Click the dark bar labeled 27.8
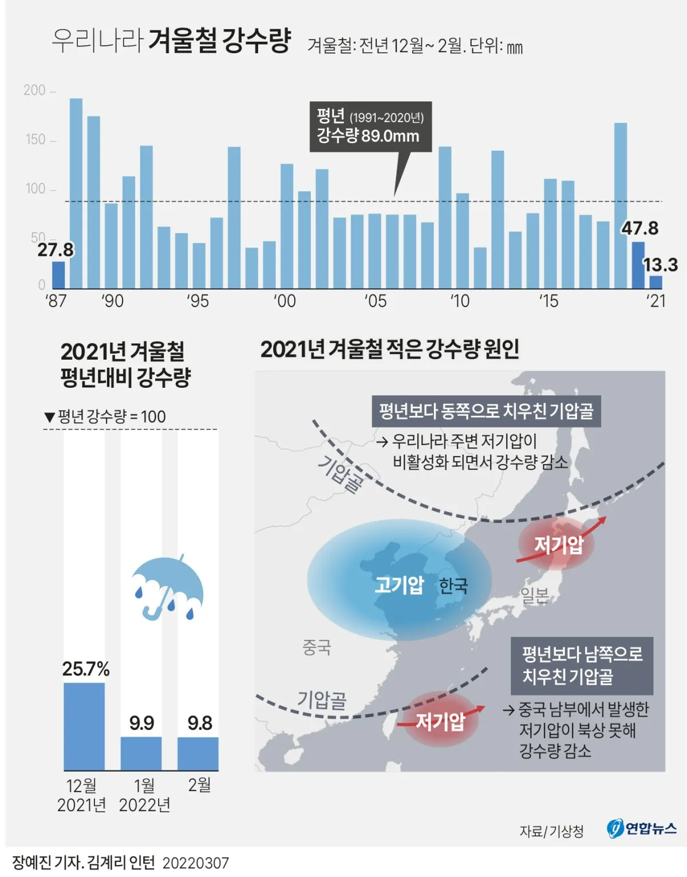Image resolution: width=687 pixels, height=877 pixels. pyautogui.click(x=58, y=275)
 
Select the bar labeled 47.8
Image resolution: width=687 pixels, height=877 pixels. pyautogui.click(x=638, y=265)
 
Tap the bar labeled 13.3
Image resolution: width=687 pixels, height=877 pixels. pyautogui.click(x=656, y=282)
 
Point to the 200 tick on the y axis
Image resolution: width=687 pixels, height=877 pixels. pyautogui.click(x=35, y=91)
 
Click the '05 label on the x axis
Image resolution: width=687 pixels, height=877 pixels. pyautogui.click(x=376, y=301)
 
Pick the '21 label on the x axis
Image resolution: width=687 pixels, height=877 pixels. pyautogui.click(x=656, y=301)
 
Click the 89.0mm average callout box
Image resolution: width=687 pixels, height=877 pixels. pyautogui.click(x=370, y=127)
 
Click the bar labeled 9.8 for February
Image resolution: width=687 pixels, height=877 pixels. pyautogui.click(x=198, y=754)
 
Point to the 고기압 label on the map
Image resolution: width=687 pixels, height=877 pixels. pyautogui.click(x=399, y=585)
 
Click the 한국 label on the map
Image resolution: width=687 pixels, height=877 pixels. pyautogui.click(x=453, y=585)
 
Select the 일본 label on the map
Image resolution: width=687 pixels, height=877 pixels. pyautogui.click(x=535, y=595)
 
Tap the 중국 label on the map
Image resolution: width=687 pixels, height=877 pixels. pyautogui.click(x=317, y=647)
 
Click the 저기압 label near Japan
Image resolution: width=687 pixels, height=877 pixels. pyautogui.click(x=559, y=544)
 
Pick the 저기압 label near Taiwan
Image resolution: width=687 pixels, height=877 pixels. pyautogui.click(x=440, y=721)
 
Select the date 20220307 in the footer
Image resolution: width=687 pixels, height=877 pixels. pyautogui.click(x=196, y=863)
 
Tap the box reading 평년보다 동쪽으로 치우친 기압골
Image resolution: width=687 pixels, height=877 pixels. pyautogui.click(x=486, y=411)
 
